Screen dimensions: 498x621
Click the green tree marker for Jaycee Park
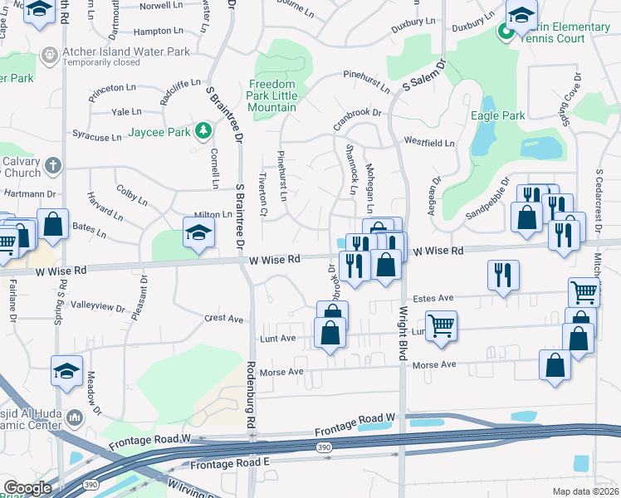pos(202,131)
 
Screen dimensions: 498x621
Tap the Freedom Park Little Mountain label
pos(272,95)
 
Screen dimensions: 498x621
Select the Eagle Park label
pos(497,116)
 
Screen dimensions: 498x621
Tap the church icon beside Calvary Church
pos(52,163)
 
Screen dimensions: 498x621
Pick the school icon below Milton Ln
pos(198,235)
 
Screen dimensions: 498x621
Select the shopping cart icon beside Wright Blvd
pos(441,325)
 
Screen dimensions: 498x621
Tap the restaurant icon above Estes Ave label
pos(503,276)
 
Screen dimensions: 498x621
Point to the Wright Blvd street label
pos(402,333)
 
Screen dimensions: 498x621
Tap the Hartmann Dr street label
pos(28,193)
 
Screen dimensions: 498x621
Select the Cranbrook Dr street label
pos(357,113)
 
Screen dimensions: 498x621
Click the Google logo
pos(27,487)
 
